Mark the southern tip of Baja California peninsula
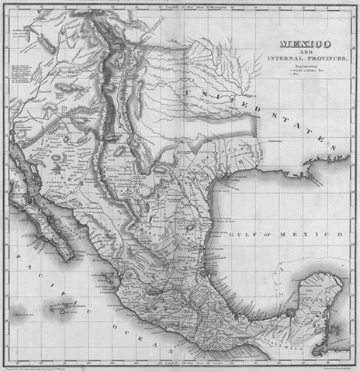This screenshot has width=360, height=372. point(68,257)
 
